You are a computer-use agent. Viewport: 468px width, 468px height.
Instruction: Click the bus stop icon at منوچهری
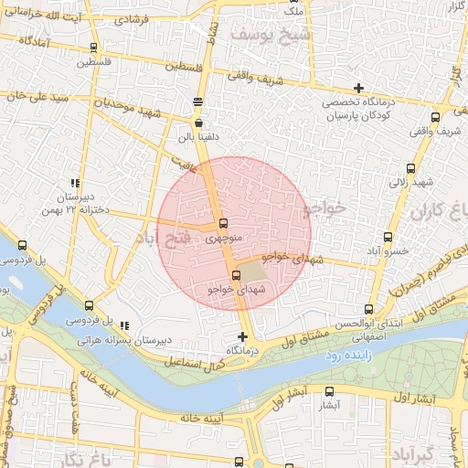click(x=224, y=224)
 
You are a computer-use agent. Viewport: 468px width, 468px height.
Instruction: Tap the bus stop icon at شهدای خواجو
click(x=237, y=275)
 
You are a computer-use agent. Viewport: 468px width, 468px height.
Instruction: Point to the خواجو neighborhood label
click(x=324, y=209)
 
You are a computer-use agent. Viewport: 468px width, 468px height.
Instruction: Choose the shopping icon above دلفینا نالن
click(x=199, y=122)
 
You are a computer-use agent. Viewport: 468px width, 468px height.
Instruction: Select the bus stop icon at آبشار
click(x=331, y=390)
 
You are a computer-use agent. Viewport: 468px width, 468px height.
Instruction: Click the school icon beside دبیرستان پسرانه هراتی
click(x=124, y=325)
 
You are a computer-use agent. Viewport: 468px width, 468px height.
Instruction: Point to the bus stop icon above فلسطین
click(x=96, y=48)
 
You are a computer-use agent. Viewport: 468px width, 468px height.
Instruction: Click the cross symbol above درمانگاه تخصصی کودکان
click(x=359, y=87)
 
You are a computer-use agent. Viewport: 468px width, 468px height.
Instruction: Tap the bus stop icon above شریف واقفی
click(x=435, y=117)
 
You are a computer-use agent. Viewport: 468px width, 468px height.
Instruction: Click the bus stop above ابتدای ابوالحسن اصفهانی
click(x=368, y=309)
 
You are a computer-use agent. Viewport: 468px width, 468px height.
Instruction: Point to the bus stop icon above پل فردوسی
click(x=89, y=305)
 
